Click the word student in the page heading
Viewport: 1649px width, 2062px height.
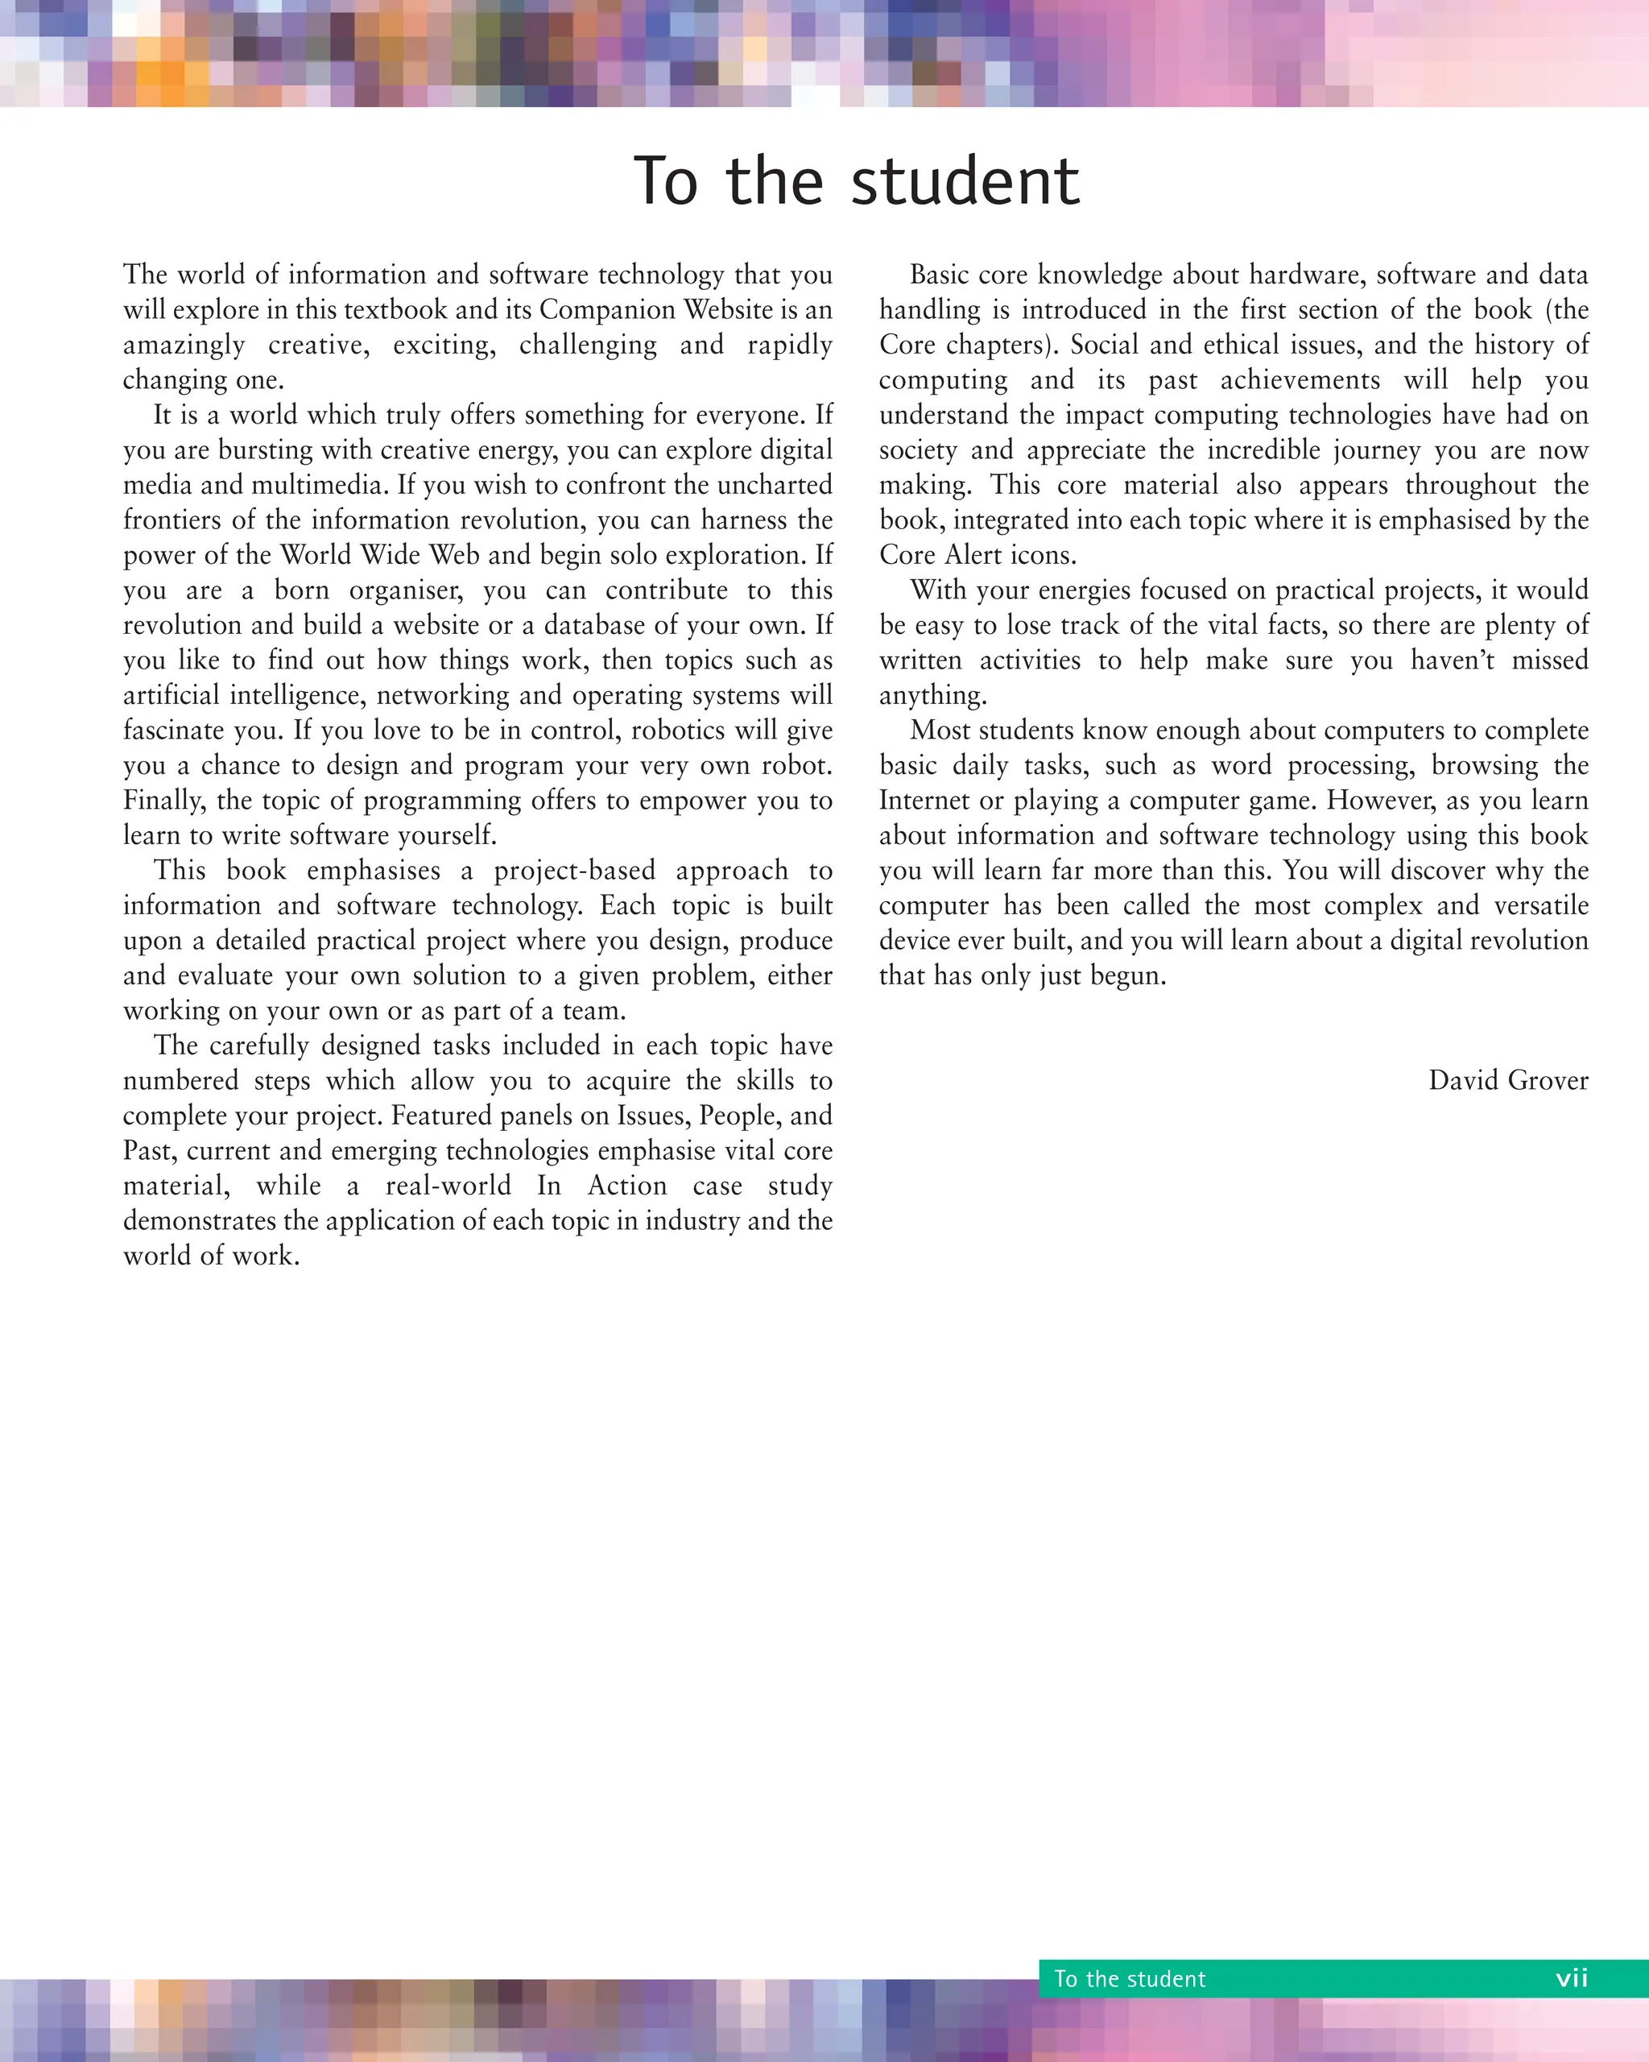pyautogui.click(x=965, y=182)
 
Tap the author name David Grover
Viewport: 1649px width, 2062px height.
pyautogui.click(x=1507, y=1081)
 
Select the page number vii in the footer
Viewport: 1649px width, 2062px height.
pyautogui.click(x=1572, y=1978)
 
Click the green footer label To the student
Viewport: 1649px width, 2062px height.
pyautogui.click(x=1129, y=1979)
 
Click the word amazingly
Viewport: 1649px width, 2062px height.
pyautogui.click(x=184, y=346)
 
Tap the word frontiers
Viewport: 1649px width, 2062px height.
pyautogui.click(x=170, y=520)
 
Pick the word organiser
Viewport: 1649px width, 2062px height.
pyautogui.click(x=405, y=590)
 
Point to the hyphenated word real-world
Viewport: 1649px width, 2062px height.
pyautogui.click(x=448, y=1186)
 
